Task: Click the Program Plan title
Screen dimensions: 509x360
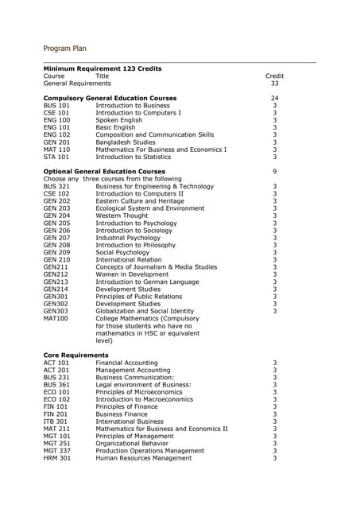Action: [70, 49]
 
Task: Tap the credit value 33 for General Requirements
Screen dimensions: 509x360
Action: [274, 83]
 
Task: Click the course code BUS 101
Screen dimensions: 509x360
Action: [56, 106]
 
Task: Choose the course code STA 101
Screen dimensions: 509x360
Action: [56, 157]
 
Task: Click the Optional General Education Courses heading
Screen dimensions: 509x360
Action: [104, 171]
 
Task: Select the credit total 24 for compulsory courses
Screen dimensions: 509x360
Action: [274, 98]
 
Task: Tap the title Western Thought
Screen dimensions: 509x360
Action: [122, 216]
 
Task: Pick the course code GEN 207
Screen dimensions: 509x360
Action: [56, 237]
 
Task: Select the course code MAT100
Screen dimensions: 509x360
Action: [56, 318]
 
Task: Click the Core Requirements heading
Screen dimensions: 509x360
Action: [75, 355]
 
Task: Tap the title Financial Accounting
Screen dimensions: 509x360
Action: [126, 363]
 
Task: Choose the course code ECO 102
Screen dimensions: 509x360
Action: [56, 399]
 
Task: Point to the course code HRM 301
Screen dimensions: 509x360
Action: [56, 457]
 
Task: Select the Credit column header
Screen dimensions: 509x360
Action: [274, 76]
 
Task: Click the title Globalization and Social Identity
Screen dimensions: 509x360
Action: [145, 310]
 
